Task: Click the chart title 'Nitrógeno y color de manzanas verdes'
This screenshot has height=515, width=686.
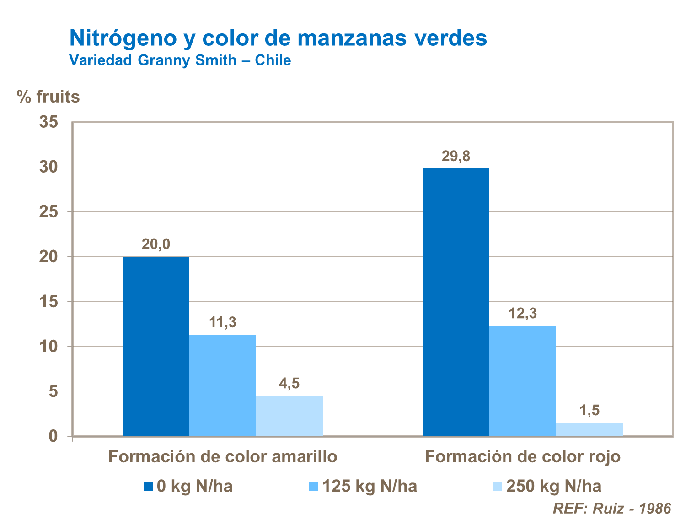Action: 278,38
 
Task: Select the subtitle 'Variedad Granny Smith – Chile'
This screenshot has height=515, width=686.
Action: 180,60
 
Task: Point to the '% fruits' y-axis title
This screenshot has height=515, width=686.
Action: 48,97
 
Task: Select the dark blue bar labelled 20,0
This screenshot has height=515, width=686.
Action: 156,347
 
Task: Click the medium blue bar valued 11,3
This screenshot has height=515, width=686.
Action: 223,385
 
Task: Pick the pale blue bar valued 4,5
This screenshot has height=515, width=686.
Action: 289,416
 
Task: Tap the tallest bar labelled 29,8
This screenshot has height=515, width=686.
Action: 456,302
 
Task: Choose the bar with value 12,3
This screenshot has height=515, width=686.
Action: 523,381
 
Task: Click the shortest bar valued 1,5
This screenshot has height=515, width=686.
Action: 590,429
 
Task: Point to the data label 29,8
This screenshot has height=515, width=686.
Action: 456,157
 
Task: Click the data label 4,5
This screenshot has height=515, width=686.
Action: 289,384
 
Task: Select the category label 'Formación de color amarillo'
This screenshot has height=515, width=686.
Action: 223,457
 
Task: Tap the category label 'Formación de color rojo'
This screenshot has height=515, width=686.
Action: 523,457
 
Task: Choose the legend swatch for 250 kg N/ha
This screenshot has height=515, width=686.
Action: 498,486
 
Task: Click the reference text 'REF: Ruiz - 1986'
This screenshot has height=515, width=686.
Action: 612,508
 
